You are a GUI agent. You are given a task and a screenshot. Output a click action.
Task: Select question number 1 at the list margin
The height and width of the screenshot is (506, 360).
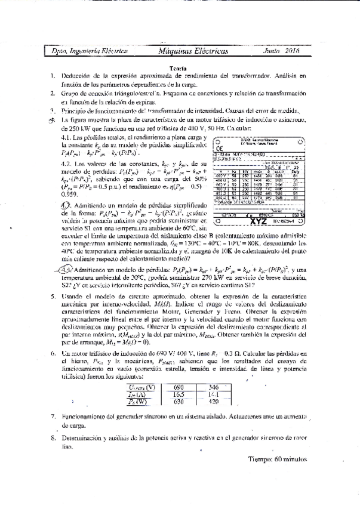point(53,76)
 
